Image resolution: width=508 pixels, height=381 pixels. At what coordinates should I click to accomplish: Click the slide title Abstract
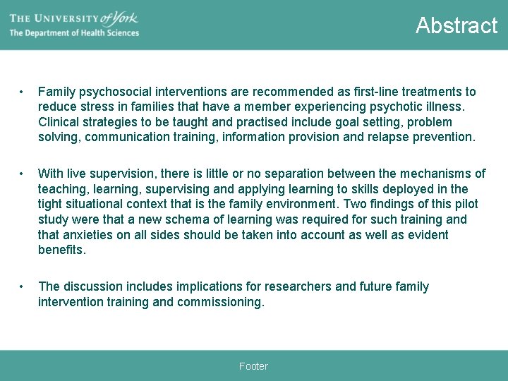click(x=456, y=25)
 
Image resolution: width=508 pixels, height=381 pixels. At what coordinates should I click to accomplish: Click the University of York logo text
click(x=73, y=17)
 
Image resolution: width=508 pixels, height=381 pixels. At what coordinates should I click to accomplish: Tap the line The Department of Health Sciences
click(x=74, y=33)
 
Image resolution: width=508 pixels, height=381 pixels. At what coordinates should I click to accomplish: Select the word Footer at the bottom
click(x=253, y=366)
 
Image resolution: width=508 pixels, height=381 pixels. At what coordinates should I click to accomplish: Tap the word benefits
click(x=61, y=250)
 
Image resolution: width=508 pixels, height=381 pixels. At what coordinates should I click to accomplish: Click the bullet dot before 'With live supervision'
click(x=23, y=174)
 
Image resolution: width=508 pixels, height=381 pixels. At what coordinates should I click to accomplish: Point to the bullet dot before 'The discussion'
click(x=23, y=286)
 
